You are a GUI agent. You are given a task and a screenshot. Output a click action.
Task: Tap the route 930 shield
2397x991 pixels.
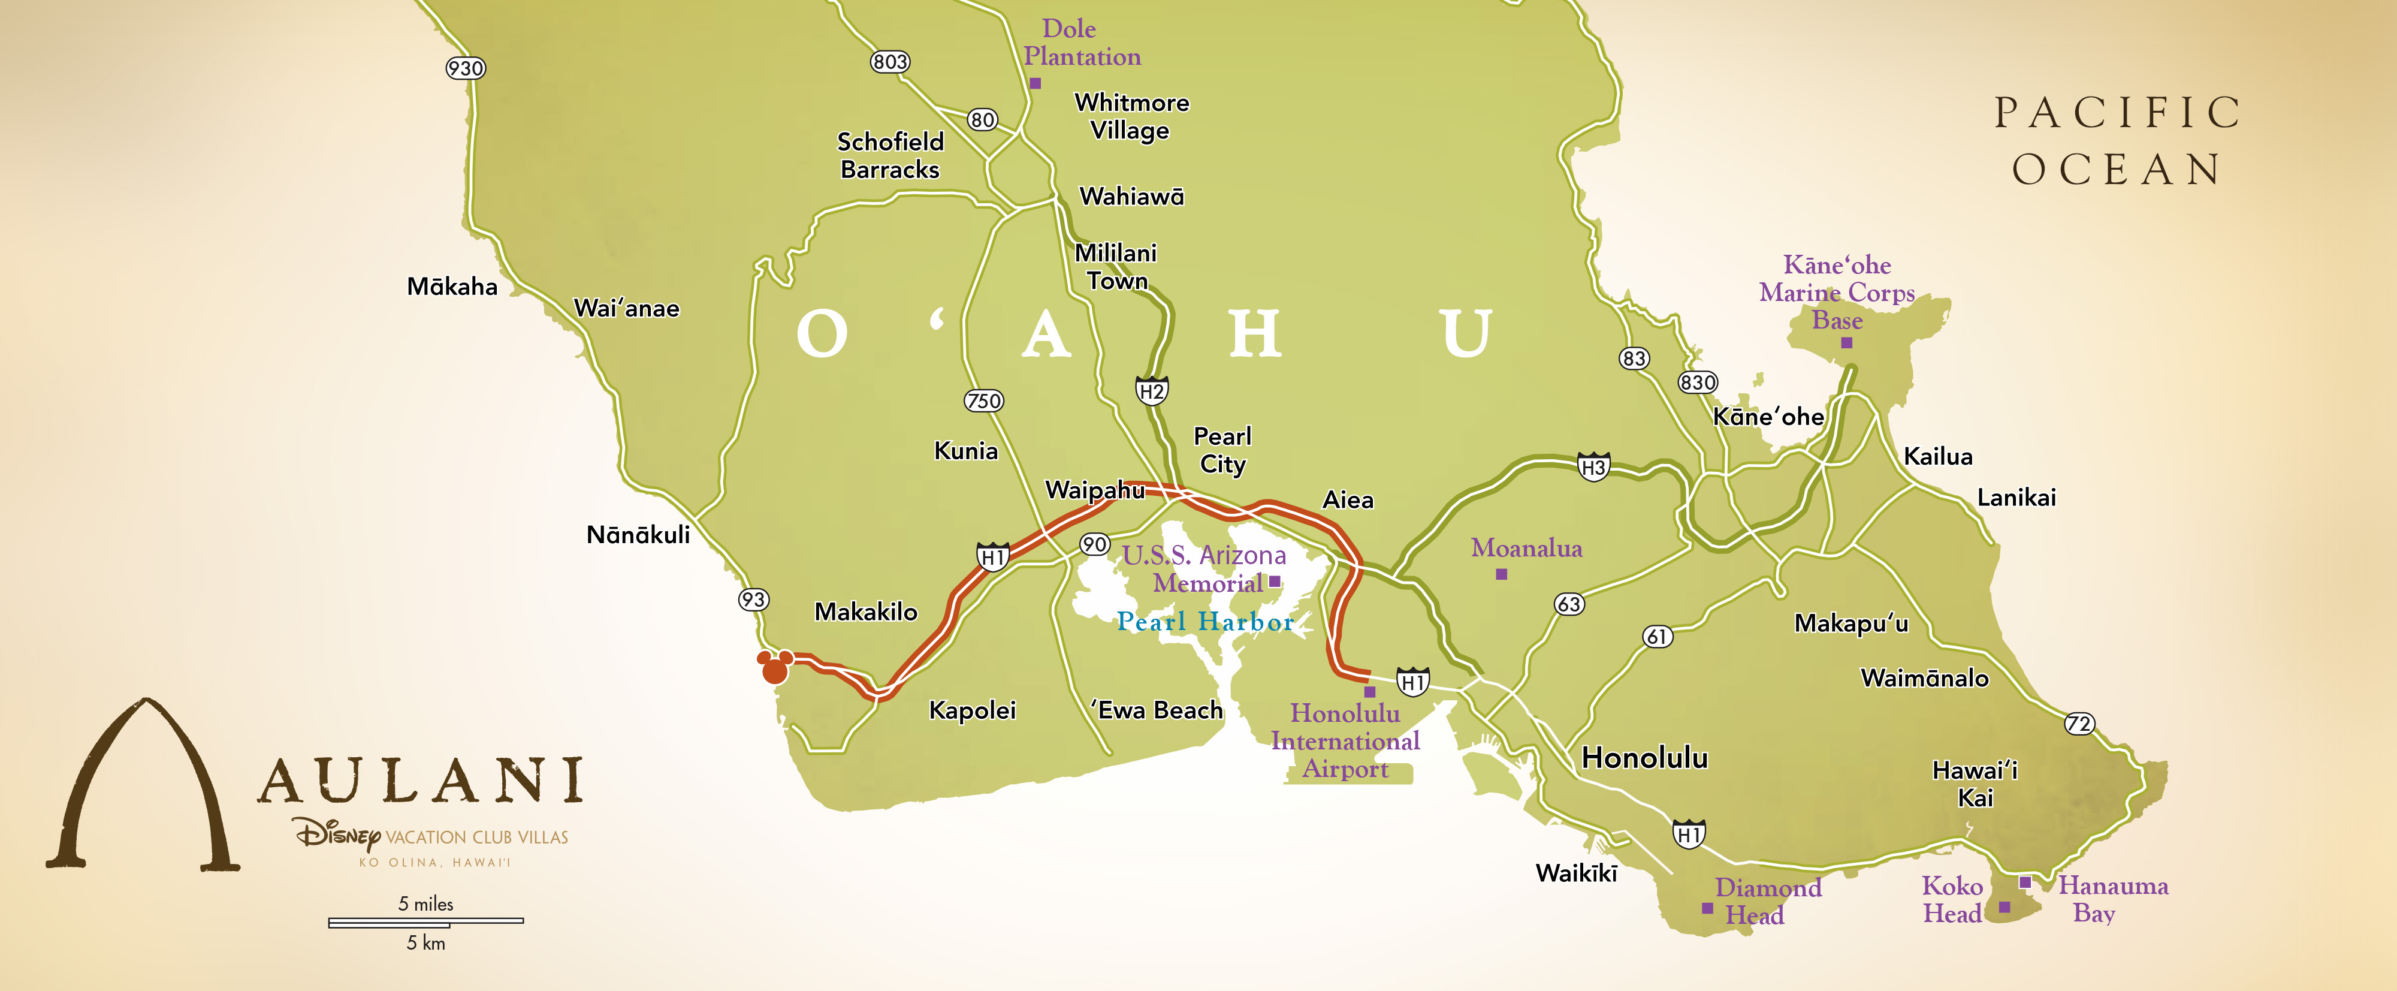[465, 68]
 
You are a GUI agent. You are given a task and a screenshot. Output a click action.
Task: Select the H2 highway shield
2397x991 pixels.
[1152, 391]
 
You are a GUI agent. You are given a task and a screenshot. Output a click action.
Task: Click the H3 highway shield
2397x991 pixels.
[1593, 467]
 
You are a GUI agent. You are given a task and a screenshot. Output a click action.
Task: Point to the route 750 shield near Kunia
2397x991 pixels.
[983, 401]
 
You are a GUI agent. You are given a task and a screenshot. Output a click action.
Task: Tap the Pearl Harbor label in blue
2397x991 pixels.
[1205, 622]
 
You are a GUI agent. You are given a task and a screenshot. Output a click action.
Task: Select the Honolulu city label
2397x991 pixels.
[1644, 757]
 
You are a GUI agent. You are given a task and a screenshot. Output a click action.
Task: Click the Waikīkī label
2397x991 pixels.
[1576, 873]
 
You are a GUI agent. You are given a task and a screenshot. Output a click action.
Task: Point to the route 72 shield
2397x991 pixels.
[2079, 724]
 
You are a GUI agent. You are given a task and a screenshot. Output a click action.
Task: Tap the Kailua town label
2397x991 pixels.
[1937, 456]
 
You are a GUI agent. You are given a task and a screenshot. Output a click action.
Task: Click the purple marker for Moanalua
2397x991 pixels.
[1501, 575]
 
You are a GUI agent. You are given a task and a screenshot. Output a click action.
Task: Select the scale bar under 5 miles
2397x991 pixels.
[425, 922]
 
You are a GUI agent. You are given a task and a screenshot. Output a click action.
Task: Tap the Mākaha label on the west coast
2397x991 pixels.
[452, 287]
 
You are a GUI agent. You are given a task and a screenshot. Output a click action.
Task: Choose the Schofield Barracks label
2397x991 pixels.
[889, 155]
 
